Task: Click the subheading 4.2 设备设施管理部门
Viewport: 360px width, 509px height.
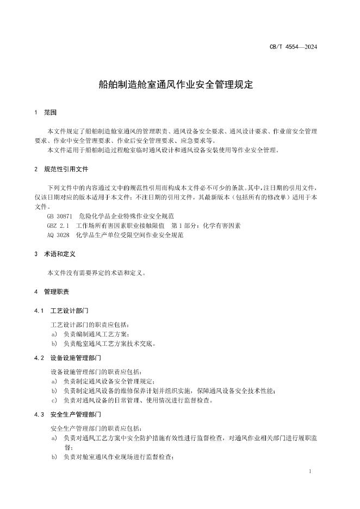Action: pyautogui.click(x=67, y=358)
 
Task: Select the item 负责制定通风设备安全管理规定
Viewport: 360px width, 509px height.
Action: pyautogui.click(x=109, y=382)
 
